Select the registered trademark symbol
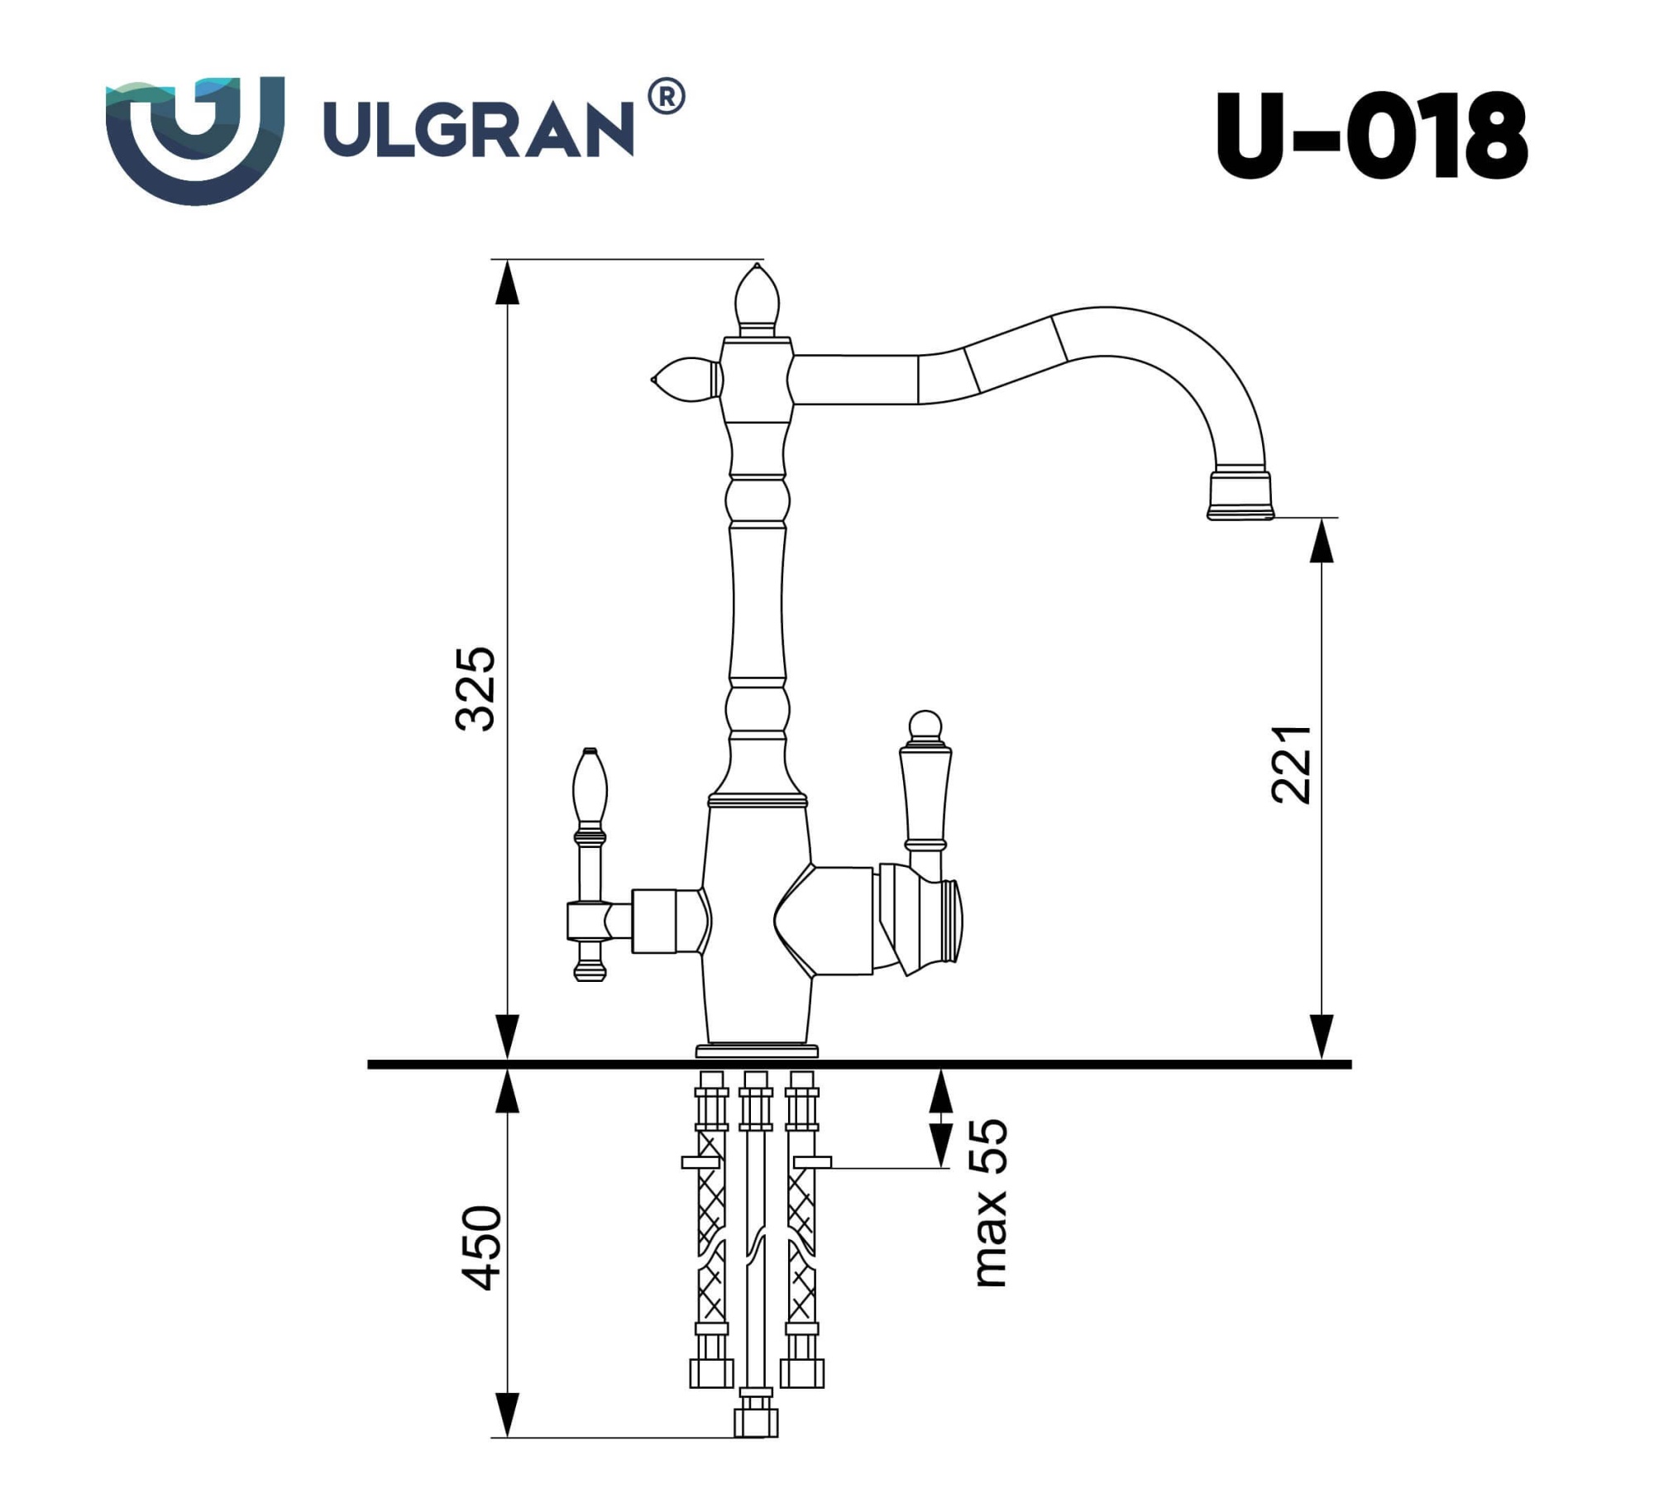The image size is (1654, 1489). pos(666,97)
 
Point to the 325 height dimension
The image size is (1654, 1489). pos(476,688)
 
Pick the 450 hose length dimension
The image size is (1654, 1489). pos(480,1248)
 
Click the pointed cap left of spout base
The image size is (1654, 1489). pos(686,380)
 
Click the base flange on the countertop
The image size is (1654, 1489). pos(757,1051)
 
